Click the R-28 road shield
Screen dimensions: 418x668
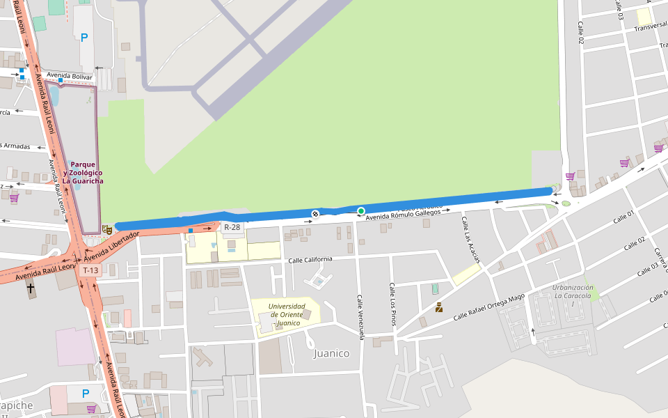tap(232, 227)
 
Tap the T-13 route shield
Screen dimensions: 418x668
tap(90, 270)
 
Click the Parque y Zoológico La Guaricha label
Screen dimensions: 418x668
tap(83, 173)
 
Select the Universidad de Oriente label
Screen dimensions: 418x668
tap(286, 315)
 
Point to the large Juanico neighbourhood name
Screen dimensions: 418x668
tap(331, 353)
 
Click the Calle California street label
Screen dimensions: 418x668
tap(310, 260)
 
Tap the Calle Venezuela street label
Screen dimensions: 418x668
tap(361, 317)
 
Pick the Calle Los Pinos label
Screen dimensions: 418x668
tap(393, 304)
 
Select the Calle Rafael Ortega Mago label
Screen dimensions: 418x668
tap(489, 307)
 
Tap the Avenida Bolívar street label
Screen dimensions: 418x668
tap(70, 75)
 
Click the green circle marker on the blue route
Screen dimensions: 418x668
tap(361, 210)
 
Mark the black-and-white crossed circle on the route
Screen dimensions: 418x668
tap(315, 214)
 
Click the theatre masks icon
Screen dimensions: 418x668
tap(107, 229)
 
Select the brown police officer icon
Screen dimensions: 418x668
tap(439, 307)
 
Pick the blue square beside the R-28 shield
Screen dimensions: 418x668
tap(191, 230)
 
